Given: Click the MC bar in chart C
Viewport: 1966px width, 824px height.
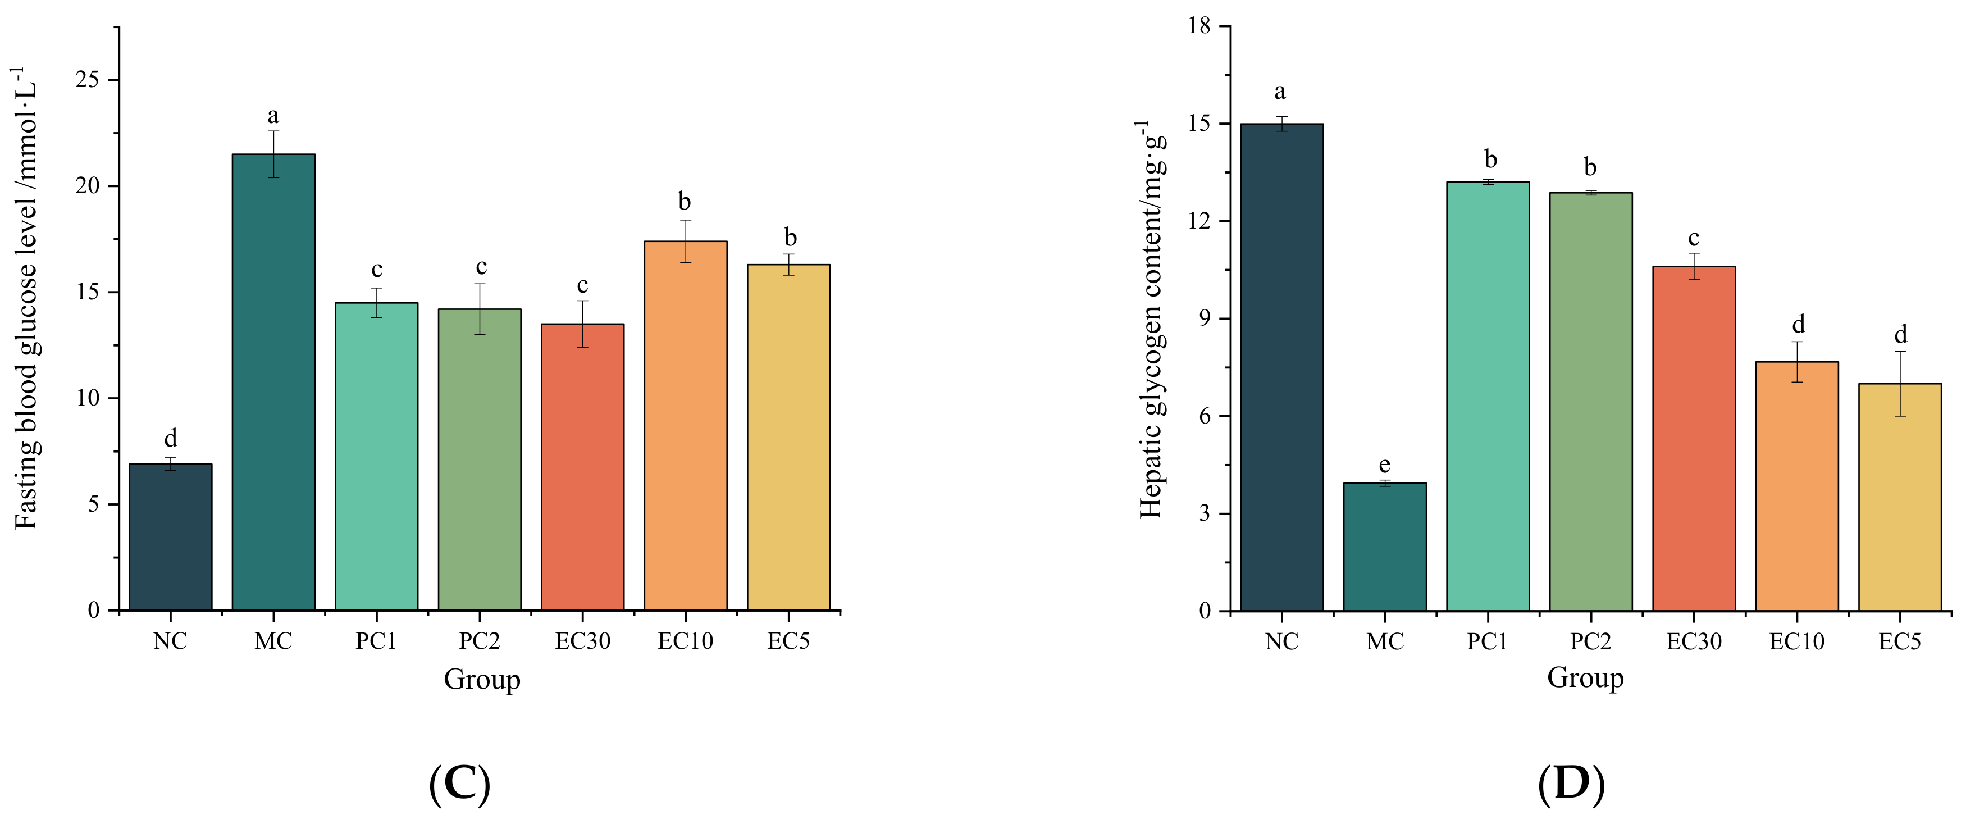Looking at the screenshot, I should [273, 382].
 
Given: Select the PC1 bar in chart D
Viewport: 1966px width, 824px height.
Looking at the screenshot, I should [1488, 397].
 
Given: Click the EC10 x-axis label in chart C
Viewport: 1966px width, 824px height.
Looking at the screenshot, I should [685, 641].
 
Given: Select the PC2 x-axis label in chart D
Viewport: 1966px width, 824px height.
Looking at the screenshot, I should [1590, 641].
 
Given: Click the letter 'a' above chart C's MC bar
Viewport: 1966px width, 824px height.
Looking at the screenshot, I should [273, 116].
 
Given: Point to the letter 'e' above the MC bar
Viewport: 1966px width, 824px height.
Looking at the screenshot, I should [1384, 465].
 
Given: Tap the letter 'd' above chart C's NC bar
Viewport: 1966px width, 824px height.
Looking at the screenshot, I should [170, 438].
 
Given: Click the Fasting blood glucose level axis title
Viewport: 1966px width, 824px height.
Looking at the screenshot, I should [27, 298].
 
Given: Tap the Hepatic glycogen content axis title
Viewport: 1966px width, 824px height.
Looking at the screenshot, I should [1150, 321].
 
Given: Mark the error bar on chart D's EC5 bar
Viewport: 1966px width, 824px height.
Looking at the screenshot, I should [1900, 384].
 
